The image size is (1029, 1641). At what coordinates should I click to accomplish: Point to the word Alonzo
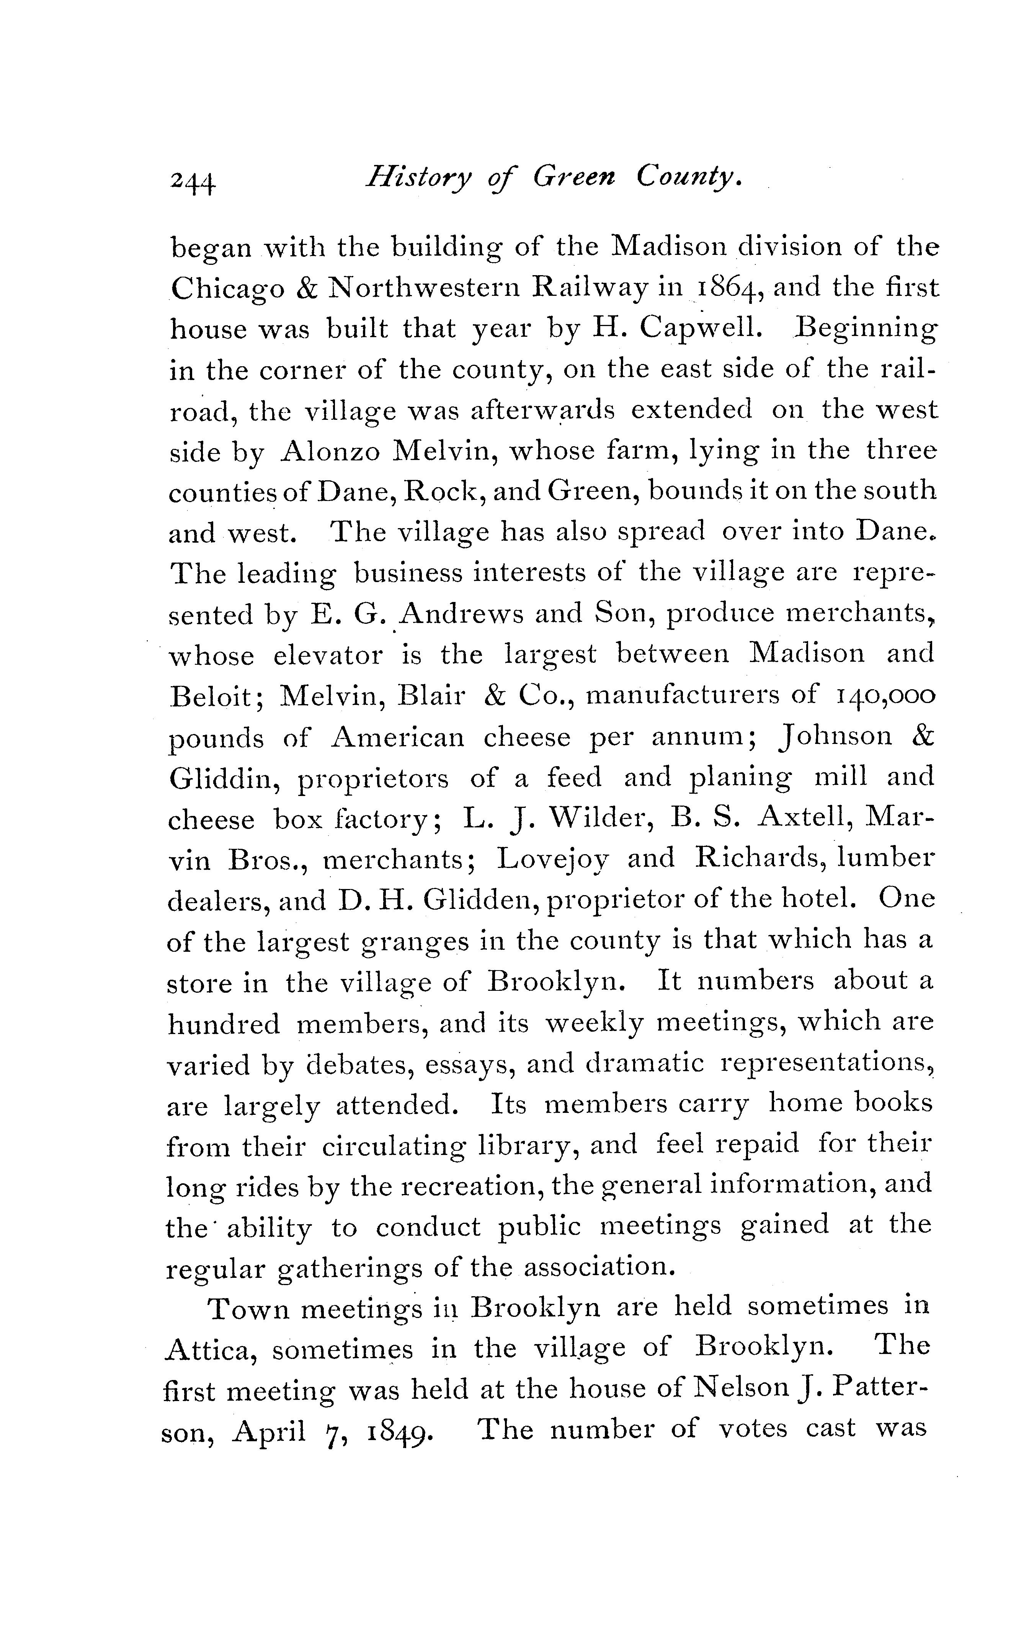click(x=330, y=452)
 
